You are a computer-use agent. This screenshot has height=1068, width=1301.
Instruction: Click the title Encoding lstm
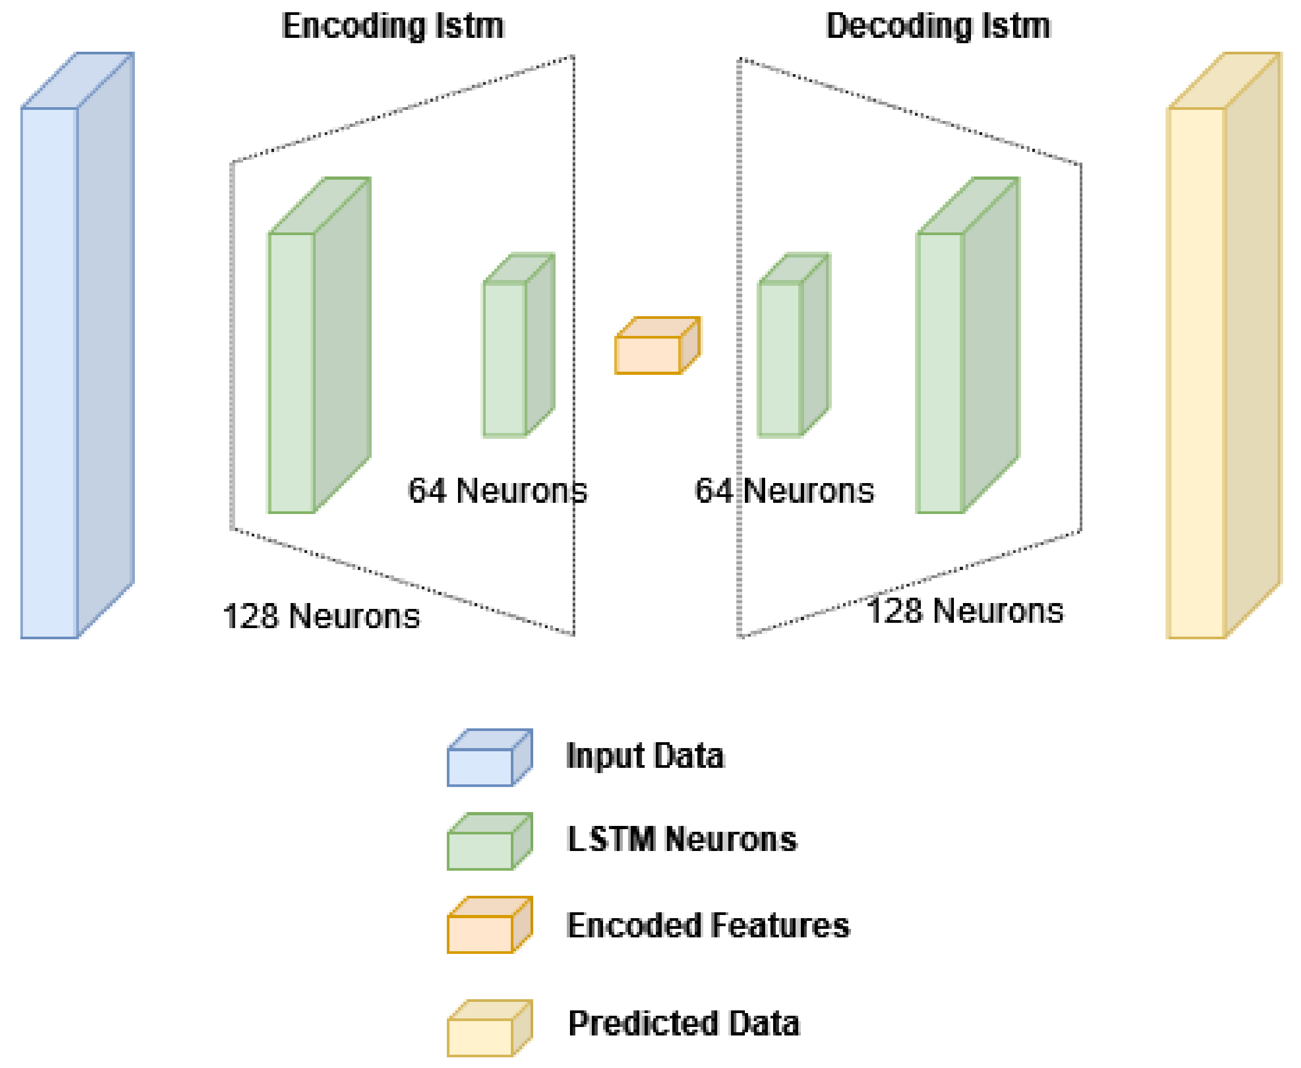(392, 27)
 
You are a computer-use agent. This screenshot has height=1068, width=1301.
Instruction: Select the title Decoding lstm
(937, 27)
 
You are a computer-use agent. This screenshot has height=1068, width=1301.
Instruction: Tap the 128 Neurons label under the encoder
(320, 616)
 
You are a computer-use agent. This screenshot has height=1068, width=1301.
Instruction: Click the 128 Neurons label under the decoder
(964, 612)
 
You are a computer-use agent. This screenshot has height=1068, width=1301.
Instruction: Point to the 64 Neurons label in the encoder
(497, 491)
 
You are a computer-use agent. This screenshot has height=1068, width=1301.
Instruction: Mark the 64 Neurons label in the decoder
(784, 491)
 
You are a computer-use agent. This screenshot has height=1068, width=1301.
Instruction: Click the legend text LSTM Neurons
(681, 840)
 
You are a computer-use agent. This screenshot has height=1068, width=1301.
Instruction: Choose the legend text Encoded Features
(708, 926)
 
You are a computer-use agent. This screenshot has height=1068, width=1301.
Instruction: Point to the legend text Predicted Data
(683, 1024)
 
